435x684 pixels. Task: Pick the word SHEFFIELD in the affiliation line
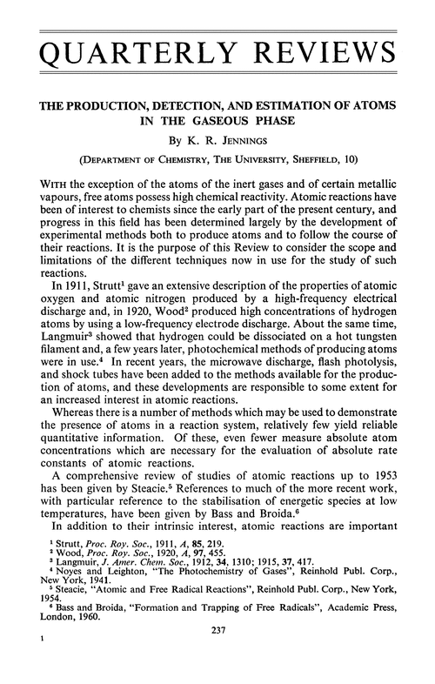pos(338,158)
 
